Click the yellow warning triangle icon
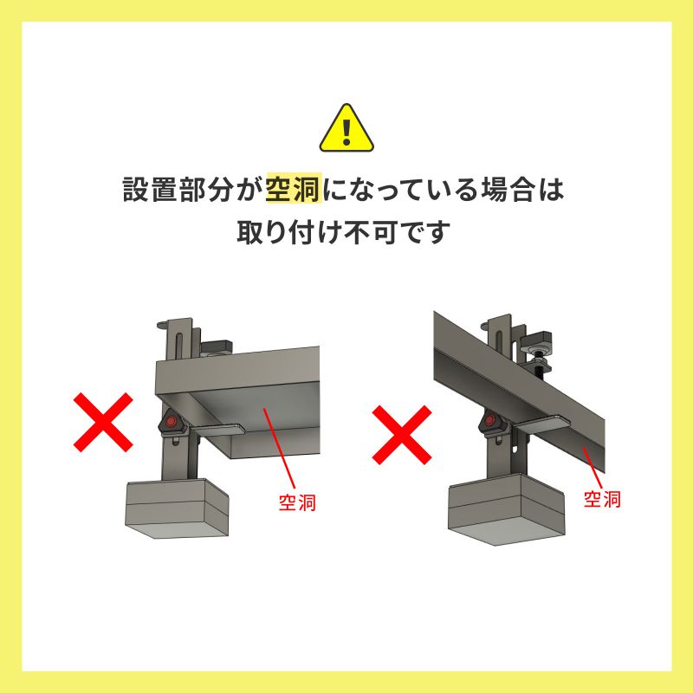346,128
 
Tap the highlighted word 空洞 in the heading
295,190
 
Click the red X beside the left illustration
103,422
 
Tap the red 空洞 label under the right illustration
602,499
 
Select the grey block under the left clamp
177,509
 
